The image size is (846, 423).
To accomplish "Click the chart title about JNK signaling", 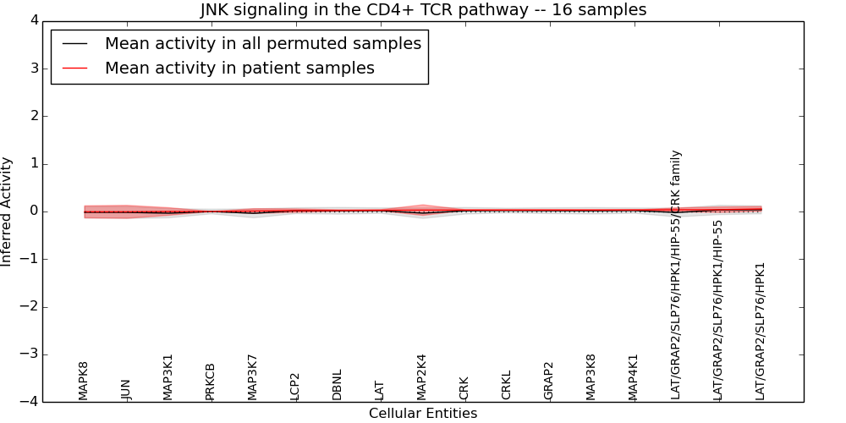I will point(423,10).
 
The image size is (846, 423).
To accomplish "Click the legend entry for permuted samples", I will point(262,44).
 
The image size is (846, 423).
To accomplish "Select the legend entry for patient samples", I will point(239,69).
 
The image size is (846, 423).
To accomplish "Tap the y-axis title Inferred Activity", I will point(7,211).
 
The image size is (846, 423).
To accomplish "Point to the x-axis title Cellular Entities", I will point(423,414).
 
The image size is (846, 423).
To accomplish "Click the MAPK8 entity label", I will point(84,381).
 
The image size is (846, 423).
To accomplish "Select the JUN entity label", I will point(126,389).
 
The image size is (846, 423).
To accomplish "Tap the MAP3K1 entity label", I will point(168,377).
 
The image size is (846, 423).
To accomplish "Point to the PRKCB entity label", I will point(211,382).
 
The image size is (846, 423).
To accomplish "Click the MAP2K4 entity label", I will point(422,377).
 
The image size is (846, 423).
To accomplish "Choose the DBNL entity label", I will point(338,385).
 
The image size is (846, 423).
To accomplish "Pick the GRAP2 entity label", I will point(549,381).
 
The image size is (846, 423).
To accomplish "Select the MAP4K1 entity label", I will point(634,377).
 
